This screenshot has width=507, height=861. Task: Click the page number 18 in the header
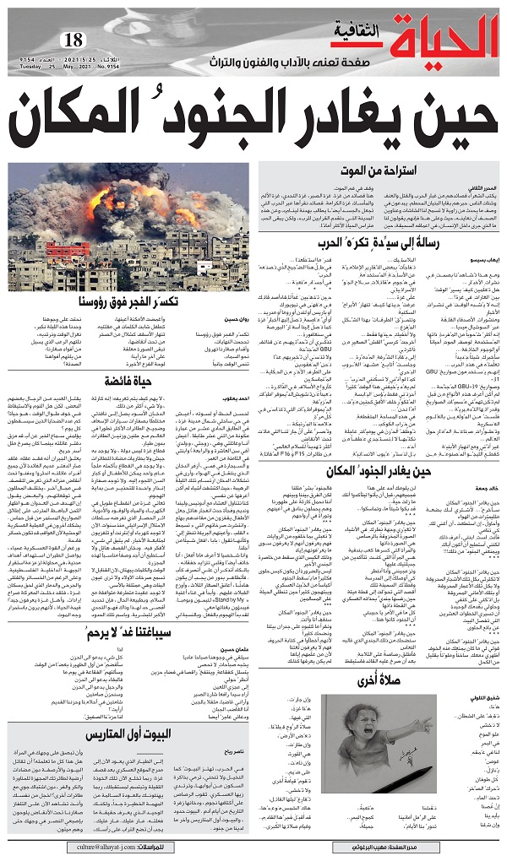(x=74, y=40)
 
